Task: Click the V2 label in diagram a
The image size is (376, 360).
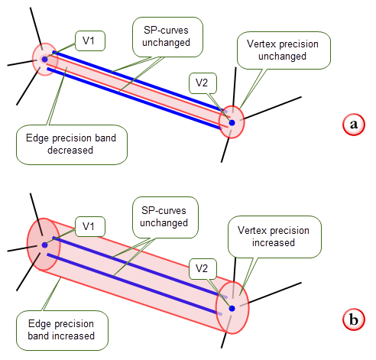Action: coord(203,83)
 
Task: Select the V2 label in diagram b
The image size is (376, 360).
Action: coord(203,269)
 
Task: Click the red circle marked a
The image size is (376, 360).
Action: coord(354,125)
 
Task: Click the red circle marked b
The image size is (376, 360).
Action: coord(354,319)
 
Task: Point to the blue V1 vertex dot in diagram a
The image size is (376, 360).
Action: coord(45,60)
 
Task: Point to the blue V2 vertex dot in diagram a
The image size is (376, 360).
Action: coord(232,123)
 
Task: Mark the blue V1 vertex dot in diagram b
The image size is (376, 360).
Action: coord(45,245)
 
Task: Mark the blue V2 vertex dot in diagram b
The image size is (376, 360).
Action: coord(232,309)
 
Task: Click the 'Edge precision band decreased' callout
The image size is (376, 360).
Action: coord(72,144)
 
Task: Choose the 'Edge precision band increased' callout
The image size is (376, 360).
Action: coord(62,330)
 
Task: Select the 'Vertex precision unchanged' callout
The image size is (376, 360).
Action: coord(284,50)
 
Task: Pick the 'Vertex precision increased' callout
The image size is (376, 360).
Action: coord(274,237)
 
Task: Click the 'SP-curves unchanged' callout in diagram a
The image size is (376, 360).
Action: coord(167,37)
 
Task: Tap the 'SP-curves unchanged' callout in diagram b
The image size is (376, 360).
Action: coord(165,217)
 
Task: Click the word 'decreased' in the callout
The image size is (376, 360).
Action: coord(70,151)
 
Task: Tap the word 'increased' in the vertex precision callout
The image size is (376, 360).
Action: coord(274,243)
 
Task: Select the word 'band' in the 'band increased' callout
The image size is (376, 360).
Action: coord(39,336)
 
